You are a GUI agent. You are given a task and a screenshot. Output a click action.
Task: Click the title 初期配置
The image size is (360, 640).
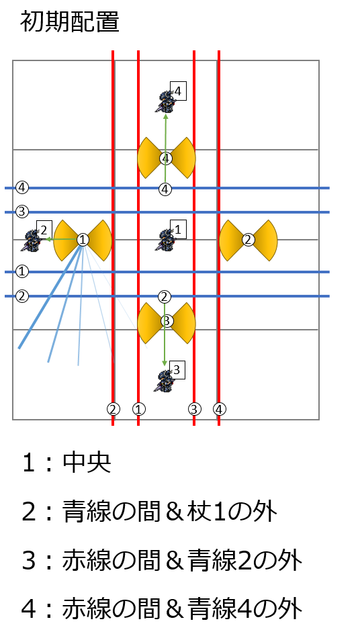[x=70, y=22]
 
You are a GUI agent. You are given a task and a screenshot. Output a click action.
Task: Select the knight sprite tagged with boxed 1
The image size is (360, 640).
[x=165, y=240]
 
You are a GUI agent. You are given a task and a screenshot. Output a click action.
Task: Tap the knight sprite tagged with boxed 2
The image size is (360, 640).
[x=32, y=240]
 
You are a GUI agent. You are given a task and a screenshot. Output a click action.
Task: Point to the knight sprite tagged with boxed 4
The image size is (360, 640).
[x=165, y=101]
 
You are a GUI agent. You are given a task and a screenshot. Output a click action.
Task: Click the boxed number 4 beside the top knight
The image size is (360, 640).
[x=178, y=91]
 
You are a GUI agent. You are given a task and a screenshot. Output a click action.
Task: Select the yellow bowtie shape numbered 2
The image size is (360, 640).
[x=248, y=240]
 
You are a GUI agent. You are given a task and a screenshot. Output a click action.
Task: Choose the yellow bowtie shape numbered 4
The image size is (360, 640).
[x=166, y=158]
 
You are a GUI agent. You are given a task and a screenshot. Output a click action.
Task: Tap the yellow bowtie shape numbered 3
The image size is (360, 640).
[x=166, y=322]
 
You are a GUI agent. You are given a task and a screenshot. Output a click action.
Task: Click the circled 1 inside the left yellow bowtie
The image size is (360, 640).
[x=83, y=240]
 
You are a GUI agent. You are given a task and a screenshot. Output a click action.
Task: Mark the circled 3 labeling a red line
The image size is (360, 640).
[x=195, y=409]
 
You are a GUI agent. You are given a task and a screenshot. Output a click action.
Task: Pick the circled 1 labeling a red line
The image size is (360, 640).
[x=139, y=409]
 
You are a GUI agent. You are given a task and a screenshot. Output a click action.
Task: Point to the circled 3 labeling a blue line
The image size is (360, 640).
[x=22, y=212]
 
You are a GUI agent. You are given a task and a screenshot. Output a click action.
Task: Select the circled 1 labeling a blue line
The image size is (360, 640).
[x=22, y=271]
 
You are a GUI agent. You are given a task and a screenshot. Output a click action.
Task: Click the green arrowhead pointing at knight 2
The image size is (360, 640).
[x=47, y=239]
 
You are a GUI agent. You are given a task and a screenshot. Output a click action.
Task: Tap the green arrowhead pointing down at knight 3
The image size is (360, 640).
[x=165, y=363]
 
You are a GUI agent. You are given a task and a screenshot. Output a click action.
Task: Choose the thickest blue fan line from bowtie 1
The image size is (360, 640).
[x=50, y=295]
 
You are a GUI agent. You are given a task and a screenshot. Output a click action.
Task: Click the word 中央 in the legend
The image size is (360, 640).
[x=87, y=463]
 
